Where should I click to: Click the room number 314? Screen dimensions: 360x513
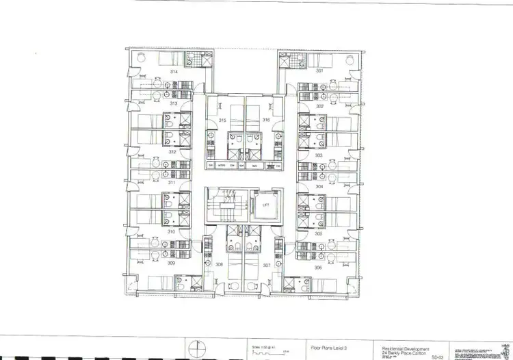(174, 71)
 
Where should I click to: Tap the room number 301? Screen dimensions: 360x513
(319, 71)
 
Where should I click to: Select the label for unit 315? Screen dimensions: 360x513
(222, 120)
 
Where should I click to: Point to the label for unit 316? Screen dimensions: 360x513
(266, 120)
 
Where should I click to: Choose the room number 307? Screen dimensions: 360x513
(267, 264)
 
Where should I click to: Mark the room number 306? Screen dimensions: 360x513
(319, 268)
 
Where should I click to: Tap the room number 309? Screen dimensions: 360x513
(172, 263)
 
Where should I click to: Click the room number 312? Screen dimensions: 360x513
(173, 152)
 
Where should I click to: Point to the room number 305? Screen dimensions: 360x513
(319, 233)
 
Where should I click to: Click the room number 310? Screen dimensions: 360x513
(172, 231)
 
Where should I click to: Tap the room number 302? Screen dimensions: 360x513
(319, 106)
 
